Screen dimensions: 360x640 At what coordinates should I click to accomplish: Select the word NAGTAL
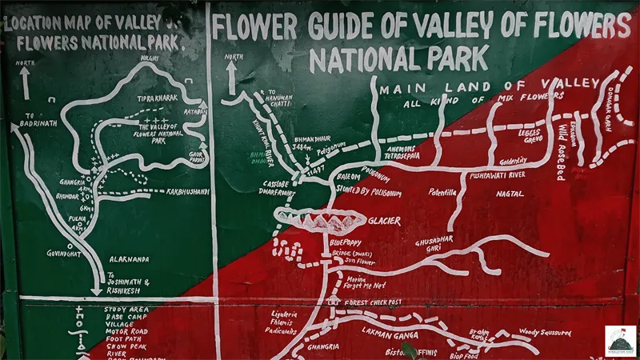coord(510,194)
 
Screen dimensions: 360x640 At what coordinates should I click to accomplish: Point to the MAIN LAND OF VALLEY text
coord(489,86)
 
